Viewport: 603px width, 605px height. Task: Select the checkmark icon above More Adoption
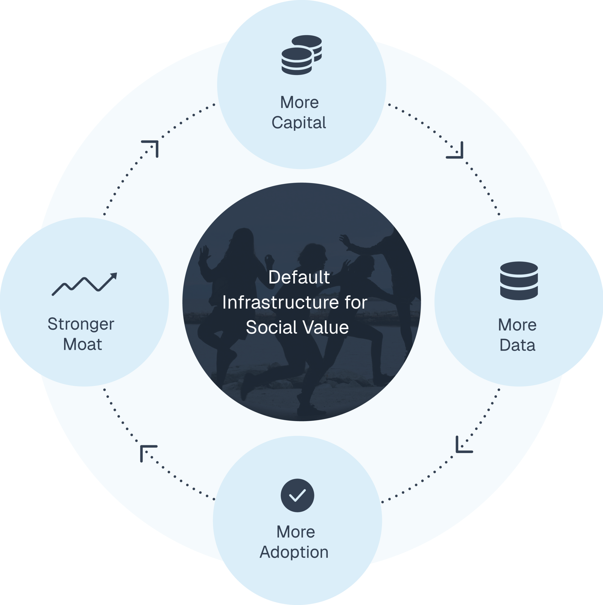point(297,495)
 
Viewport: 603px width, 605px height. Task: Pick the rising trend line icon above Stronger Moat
point(84,284)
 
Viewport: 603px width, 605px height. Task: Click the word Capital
point(299,122)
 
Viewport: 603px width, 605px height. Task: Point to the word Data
point(517,345)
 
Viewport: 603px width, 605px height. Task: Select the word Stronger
point(81,324)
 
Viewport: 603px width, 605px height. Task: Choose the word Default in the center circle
point(299,277)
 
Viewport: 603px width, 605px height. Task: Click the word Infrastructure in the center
point(280,302)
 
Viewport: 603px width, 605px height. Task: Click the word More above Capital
point(299,102)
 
